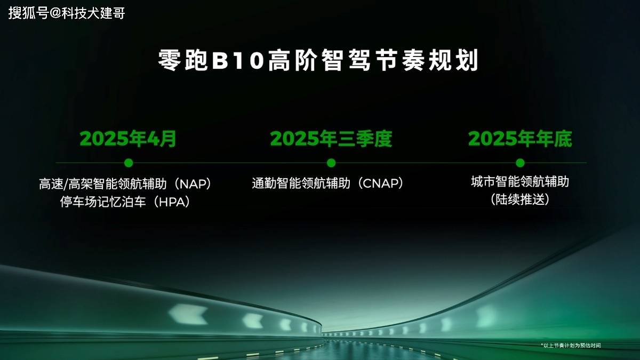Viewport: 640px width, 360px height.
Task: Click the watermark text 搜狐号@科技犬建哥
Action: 67,13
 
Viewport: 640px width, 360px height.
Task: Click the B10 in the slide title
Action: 238,60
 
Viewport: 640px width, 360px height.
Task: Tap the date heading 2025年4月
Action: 128,139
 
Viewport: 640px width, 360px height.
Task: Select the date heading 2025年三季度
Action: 331,139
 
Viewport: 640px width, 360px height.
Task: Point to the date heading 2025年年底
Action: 521,139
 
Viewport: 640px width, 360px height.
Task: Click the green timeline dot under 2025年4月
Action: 129,163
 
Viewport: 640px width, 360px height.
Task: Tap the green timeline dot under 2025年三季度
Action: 331,163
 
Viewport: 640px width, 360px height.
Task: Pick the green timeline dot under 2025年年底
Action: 521,163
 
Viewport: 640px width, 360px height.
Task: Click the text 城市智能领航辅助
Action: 520,182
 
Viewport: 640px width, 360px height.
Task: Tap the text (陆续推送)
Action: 520,199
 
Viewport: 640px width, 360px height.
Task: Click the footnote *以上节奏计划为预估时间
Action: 571,346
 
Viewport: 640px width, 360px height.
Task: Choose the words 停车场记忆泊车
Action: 103,202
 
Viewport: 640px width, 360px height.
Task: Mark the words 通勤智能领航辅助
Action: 301,183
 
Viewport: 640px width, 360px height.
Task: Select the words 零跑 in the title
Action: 183,60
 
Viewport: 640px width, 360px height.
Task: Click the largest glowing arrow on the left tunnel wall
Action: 188,314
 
